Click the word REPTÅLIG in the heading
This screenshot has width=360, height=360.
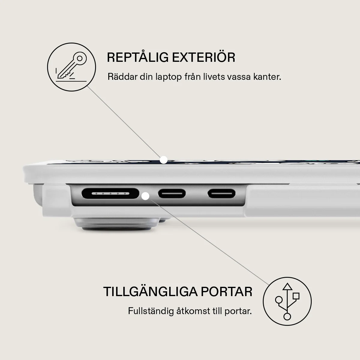(138, 57)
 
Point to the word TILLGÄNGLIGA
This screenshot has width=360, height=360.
(150, 292)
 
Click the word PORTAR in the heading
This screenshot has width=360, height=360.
(226, 292)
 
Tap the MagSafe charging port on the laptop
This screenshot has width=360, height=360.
(110, 193)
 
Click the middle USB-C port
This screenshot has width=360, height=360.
(172, 193)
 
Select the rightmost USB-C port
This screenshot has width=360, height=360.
(222, 193)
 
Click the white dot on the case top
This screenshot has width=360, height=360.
(164, 160)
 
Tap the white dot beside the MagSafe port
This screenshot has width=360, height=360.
(145, 196)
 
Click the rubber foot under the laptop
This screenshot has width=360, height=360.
(116, 224)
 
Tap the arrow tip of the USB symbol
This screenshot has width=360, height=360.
(287, 283)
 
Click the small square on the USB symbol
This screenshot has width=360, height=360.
(296, 296)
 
